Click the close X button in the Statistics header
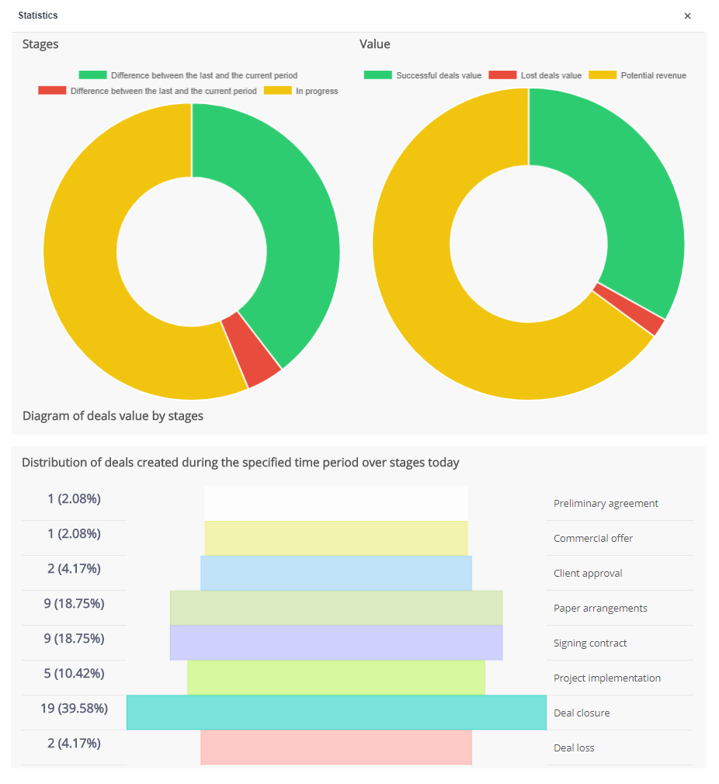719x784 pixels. click(x=687, y=16)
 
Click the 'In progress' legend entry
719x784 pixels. click(x=301, y=91)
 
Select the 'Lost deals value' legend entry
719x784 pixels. click(x=535, y=75)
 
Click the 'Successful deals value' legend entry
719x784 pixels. click(x=422, y=75)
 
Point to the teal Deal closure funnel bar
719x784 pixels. click(x=336, y=713)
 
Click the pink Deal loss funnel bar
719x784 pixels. click(x=336, y=748)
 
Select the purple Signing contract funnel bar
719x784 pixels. click(x=336, y=643)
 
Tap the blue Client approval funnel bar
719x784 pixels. click(x=336, y=573)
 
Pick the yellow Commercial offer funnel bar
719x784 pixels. click(x=336, y=538)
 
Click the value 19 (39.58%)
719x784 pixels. click(x=74, y=708)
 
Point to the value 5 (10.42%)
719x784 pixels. click(x=74, y=673)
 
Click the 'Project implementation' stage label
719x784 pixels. click(x=606, y=678)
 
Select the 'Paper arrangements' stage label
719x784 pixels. click(x=600, y=608)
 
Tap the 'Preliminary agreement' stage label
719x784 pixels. click(x=606, y=503)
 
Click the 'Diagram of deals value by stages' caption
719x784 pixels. click(x=113, y=415)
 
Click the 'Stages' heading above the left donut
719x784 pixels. click(x=40, y=44)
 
